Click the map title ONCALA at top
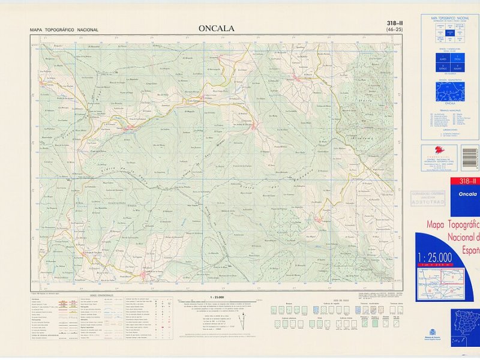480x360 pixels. click(217, 28)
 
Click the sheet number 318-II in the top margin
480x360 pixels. click(394, 23)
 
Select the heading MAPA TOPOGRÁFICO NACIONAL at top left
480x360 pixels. click(64, 30)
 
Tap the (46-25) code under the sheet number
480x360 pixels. click(394, 30)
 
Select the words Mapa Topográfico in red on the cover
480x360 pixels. click(453, 226)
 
